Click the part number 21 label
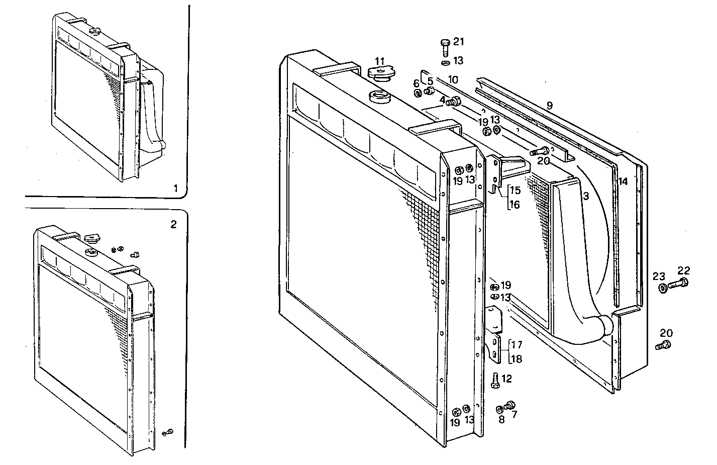tap(459, 42)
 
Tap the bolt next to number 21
tap(445, 48)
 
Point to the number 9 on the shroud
tap(549, 106)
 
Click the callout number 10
tap(453, 79)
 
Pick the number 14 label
tap(623, 181)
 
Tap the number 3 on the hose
tap(585, 197)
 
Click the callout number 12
tap(506, 379)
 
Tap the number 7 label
tap(514, 414)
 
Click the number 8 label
tap(501, 419)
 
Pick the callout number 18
tap(516, 358)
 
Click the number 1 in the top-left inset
tap(175, 189)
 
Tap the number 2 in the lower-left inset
tap(173, 224)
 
